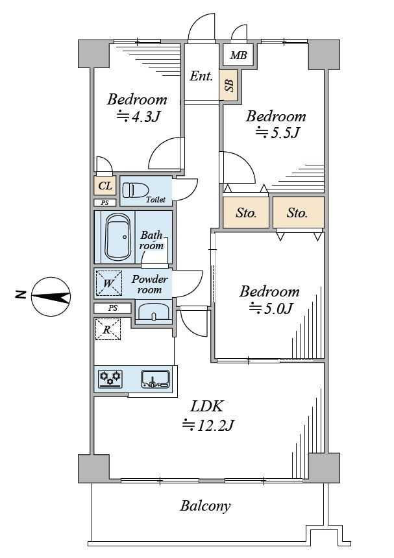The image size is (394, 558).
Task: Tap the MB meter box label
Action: [238, 56]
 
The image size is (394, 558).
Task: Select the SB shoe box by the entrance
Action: [228, 85]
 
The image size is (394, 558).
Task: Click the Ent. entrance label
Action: [201, 76]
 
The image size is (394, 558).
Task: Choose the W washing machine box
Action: [108, 283]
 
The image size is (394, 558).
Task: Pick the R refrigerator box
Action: [108, 328]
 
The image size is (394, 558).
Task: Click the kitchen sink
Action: [155, 378]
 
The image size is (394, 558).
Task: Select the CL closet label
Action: [105, 187]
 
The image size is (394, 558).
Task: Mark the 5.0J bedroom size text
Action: [270, 308]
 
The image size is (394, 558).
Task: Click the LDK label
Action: [207, 407]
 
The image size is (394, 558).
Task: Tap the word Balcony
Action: [205, 506]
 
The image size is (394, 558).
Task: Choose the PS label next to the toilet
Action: [105, 203]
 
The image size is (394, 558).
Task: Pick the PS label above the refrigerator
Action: [113, 308]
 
